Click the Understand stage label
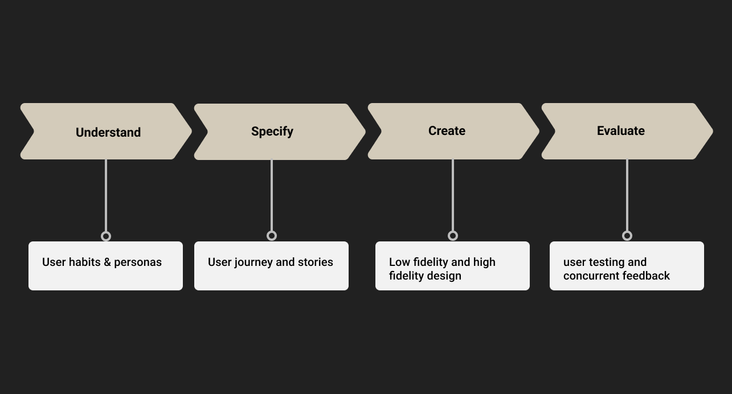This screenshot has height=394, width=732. click(108, 132)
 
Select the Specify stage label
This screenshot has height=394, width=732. click(272, 132)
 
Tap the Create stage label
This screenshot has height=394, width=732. click(447, 131)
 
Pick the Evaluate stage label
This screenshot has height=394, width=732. click(620, 131)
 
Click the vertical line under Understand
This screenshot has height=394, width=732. click(106, 195)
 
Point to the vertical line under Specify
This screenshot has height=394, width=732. click(272, 195)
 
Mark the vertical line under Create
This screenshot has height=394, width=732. click(453, 195)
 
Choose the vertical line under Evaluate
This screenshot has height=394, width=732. click(627, 195)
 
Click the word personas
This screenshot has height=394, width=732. click(138, 263)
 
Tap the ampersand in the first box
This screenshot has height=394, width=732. click(107, 262)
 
